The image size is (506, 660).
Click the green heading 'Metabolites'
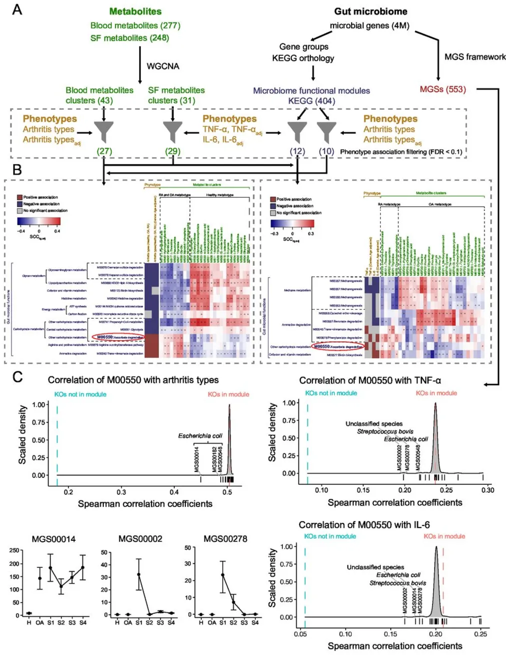(135, 11)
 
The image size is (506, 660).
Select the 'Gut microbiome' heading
(371, 11)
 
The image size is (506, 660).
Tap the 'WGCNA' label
(163, 66)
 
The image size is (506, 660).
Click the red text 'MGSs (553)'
(443, 89)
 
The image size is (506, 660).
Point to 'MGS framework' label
(475, 57)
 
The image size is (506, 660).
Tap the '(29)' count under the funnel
(173, 151)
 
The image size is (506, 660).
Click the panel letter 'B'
(17, 170)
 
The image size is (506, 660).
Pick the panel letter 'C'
(17, 377)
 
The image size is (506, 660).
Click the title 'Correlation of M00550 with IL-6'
(364, 525)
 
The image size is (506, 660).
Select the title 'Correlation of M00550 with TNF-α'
(370, 381)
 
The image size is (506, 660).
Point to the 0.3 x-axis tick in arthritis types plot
(121, 492)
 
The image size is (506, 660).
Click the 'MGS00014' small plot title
(53, 539)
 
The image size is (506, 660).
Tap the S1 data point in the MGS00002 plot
(139, 575)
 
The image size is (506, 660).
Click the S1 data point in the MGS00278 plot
(223, 575)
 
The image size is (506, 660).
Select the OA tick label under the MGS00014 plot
(39, 623)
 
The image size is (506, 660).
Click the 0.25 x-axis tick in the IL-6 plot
(480, 634)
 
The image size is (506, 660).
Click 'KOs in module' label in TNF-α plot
(436, 393)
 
